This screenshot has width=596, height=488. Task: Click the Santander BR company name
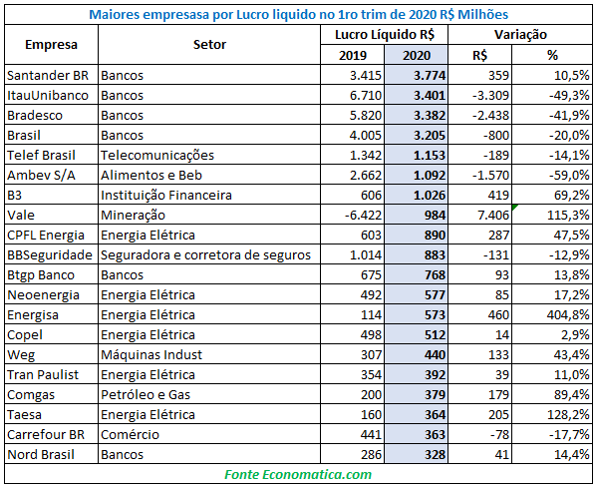click(x=48, y=76)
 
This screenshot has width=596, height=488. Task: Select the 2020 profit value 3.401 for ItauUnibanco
click(x=430, y=95)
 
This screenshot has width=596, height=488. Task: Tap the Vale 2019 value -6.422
click(x=363, y=216)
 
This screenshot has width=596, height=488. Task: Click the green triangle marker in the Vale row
click(x=515, y=208)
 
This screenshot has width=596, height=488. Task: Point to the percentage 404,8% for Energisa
click(x=568, y=314)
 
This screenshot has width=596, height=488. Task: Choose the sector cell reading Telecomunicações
click(x=157, y=156)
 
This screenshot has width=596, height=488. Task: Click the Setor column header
click(x=209, y=45)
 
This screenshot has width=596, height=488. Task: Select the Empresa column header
click(x=51, y=45)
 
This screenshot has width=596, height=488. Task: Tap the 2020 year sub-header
click(x=417, y=55)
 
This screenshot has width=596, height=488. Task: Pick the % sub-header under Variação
click(x=552, y=55)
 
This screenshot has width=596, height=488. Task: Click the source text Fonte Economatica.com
click(x=298, y=474)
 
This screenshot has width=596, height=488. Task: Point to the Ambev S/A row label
click(x=41, y=175)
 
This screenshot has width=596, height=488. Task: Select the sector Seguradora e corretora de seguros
click(x=205, y=255)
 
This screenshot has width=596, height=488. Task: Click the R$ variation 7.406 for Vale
click(x=493, y=216)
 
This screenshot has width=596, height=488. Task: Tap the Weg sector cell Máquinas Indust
click(x=151, y=354)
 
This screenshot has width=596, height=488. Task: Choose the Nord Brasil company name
click(x=41, y=454)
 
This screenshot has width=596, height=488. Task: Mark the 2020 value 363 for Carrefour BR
click(x=435, y=435)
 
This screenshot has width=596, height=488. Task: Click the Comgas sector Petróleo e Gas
click(x=146, y=395)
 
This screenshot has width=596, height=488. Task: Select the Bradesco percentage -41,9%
click(x=569, y=116)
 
